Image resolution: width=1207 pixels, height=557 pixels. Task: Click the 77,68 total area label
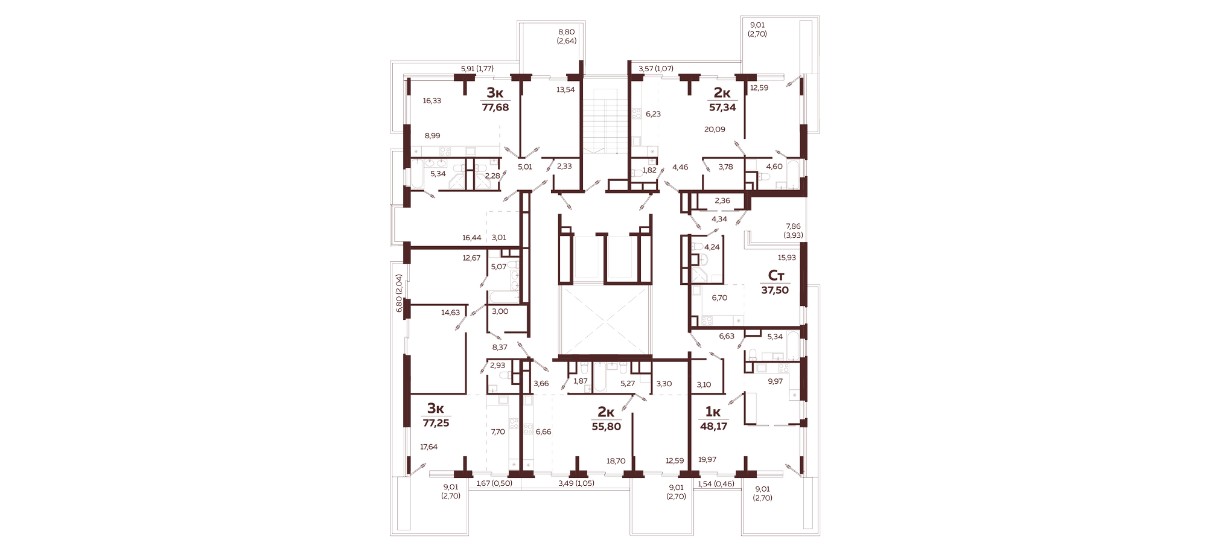point(495,107)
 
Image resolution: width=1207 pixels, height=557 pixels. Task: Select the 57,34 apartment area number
point(722,107)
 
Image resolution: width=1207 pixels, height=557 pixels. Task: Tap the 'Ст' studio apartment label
point(776,276)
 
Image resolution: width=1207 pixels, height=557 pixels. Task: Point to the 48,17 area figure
point(713,426)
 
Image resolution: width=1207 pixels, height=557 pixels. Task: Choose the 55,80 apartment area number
point(606,427)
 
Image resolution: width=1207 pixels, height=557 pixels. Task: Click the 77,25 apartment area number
point(436,423)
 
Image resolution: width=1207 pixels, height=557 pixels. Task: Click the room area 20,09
point(715,129)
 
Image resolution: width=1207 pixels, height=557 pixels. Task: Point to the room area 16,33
point(432,101)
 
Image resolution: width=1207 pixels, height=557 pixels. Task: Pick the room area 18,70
point(616,461)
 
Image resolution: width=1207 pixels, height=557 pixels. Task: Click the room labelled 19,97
point(707,460)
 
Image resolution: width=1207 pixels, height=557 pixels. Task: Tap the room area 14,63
point(450,313)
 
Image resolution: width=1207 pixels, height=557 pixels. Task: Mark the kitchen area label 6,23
point(653,113)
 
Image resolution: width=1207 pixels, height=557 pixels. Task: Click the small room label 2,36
point(722,201)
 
